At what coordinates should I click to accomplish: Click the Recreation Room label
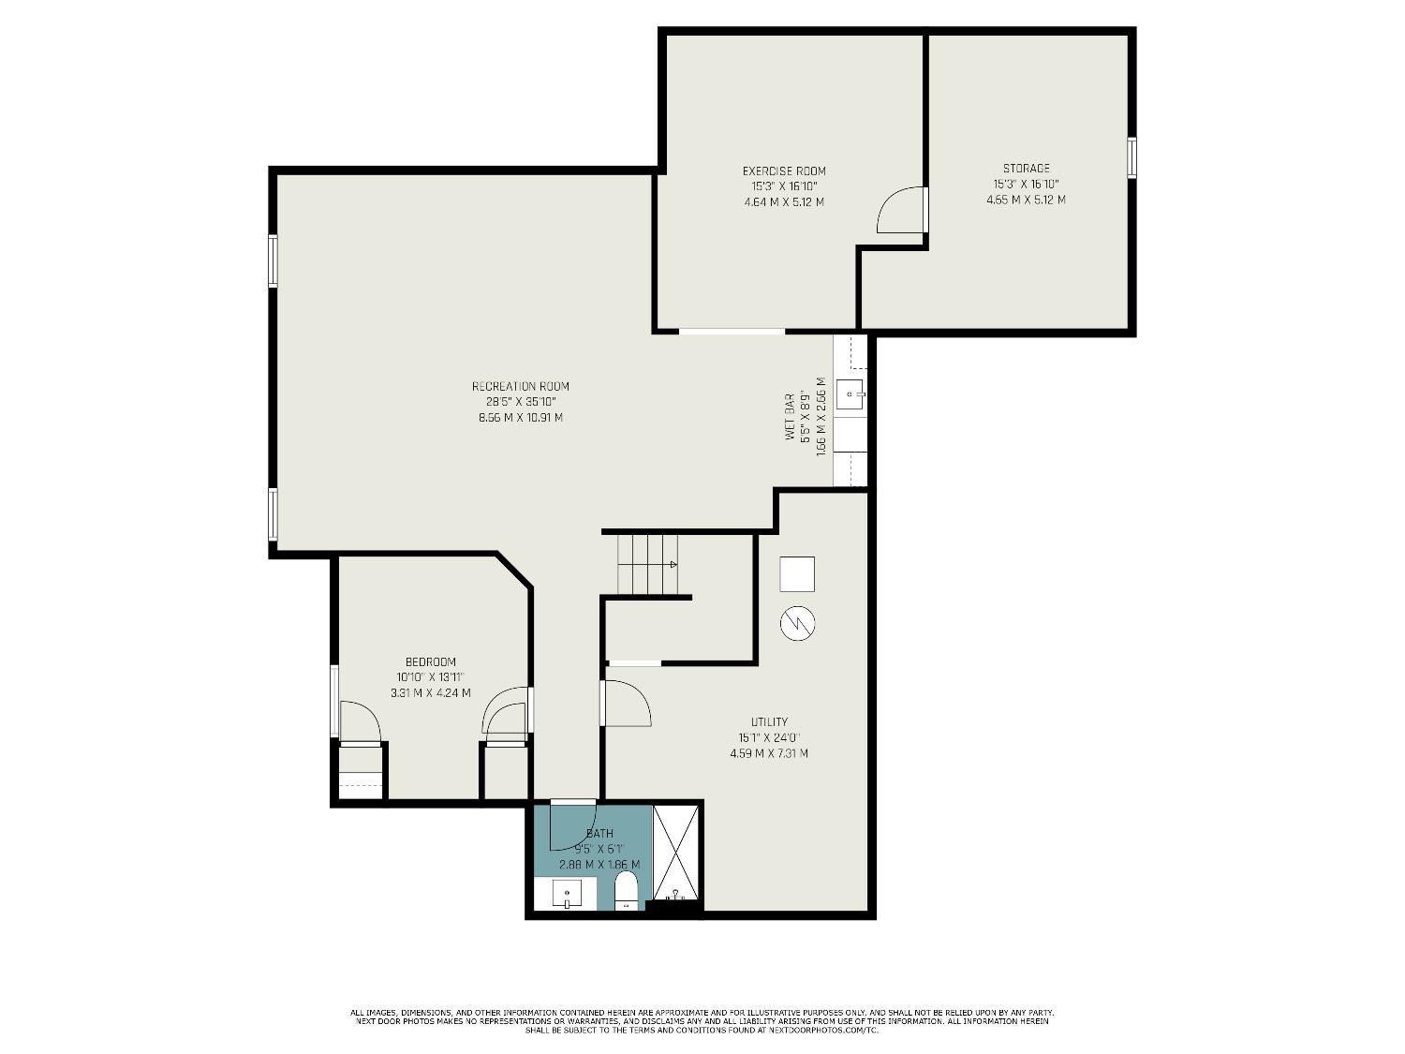click(520, 386)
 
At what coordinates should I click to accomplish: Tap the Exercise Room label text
click(784, 171)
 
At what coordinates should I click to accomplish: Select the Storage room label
click(1026, 169)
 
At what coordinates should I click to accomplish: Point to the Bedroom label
click(430, 661)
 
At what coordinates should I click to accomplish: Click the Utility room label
click(769, 721)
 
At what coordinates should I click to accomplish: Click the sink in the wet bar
click(850, 394)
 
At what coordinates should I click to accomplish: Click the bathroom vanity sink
click(566, 895)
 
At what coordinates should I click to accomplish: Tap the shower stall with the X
click(676, 850)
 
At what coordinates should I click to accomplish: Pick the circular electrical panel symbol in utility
click(797, 622)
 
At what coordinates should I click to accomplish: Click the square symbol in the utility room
click(797, 574)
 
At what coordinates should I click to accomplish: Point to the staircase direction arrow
click(672, 564)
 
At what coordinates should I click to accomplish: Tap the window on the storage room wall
click(1131, 157)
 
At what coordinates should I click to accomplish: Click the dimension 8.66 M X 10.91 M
click(520, 418)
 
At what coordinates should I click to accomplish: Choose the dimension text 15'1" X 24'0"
click(769, 737)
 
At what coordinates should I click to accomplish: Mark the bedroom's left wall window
click(334, 700)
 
